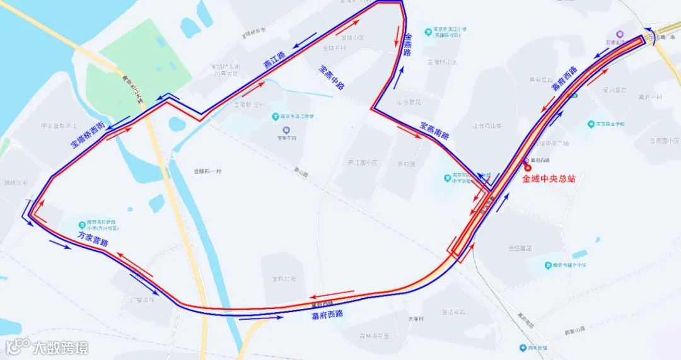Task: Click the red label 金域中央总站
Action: (x=549, y=179)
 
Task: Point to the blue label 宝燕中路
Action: (x=332, y=78)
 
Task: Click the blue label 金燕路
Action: (x=408, y=44)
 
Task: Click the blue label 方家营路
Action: (x=93, y=239)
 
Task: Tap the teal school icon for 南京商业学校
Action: (x=591, y=124)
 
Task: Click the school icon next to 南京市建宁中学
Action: (x=549, y=265)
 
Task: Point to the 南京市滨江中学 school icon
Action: (x=276, y=117)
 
